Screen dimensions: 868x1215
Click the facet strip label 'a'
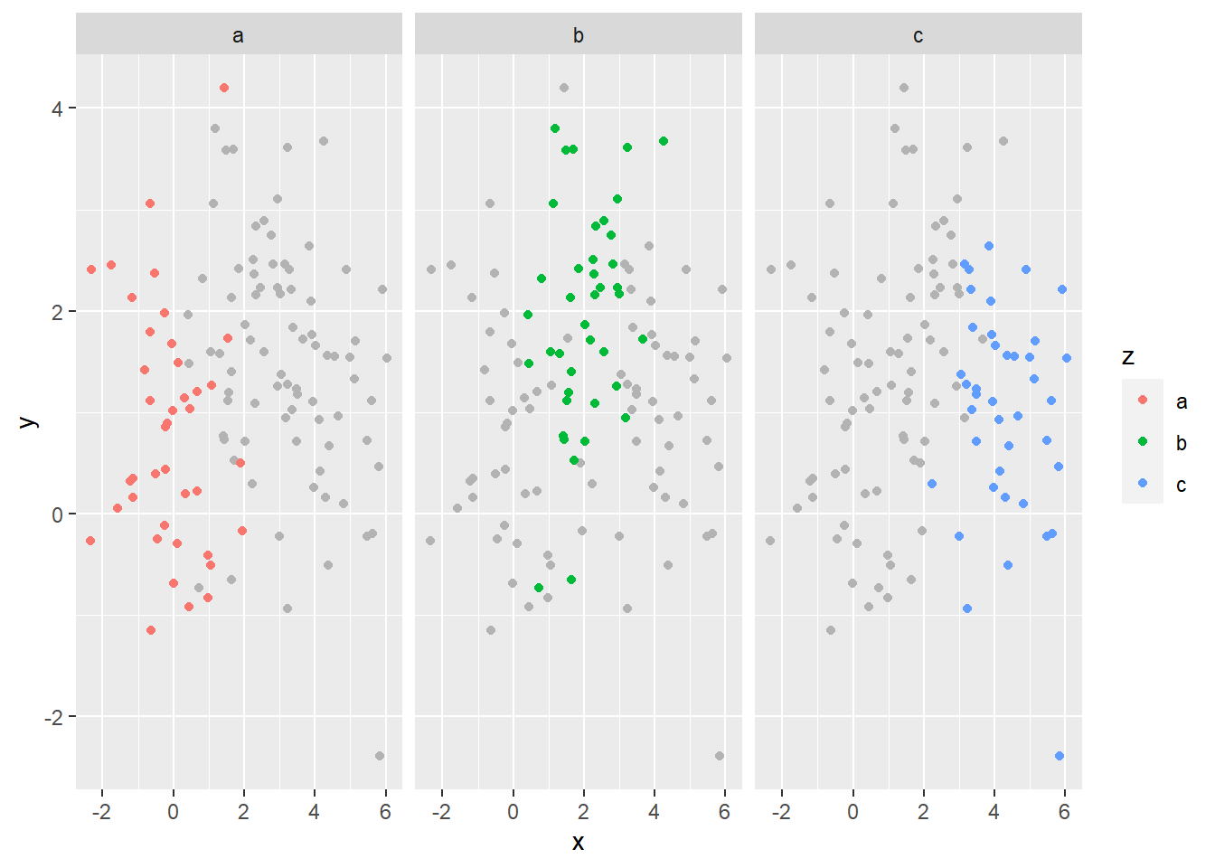(x=238, y=36)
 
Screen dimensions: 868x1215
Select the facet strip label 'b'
(x=578, y=36)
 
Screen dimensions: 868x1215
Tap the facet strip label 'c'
(x=918, y=36)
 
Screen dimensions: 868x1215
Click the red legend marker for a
(x=1143, y=400)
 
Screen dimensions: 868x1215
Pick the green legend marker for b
(x=1143, y=441)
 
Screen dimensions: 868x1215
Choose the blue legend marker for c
(x=1143, y=483)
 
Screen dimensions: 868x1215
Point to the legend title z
(x=1128, y=357)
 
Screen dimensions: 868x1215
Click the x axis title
(x=578, y=843)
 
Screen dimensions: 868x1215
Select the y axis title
(x=29, y=421)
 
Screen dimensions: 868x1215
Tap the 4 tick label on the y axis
(x=58, y=108)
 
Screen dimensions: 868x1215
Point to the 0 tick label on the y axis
(x=58, y=514)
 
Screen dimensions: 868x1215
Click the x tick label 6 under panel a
(x=385, y=812)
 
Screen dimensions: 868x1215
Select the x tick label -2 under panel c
(x=781, y=812)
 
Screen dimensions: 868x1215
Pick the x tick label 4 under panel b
(x=655, y=812)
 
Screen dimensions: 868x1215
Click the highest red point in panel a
(x=224, y=88)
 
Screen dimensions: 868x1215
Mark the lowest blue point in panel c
(x=1060, y=756)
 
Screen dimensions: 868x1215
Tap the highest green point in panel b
(x=555, y=128)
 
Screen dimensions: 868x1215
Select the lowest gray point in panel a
(x=380, y=756)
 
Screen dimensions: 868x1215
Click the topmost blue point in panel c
(x=989, y=246)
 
